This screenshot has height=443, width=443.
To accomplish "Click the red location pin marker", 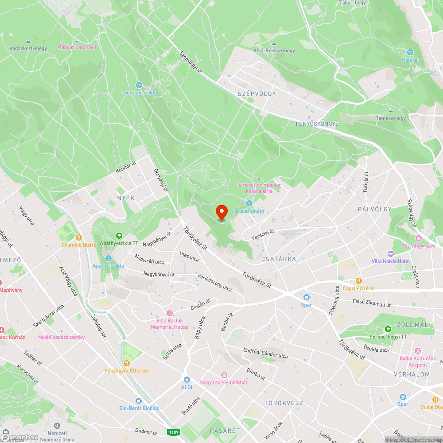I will [x=221, y=212].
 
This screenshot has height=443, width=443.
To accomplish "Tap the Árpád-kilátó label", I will [x=249, y=210].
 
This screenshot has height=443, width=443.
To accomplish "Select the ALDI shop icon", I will [x=187, y=380].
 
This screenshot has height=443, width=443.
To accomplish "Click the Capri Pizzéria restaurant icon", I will [x=359, y=281].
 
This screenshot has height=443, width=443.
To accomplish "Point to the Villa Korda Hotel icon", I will [x=390, y=254].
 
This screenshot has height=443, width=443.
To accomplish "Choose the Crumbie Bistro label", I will [x=79, y=245].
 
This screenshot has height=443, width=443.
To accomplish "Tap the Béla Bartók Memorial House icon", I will [x=169, y=313].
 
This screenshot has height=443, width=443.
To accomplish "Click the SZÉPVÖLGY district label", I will [x=256, y=93].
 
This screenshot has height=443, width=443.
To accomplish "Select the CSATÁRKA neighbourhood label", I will [x=279, y=259].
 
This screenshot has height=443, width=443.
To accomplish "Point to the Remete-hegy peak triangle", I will [x=390, y=111].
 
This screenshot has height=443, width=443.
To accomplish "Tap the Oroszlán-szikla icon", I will [x=139, y=85].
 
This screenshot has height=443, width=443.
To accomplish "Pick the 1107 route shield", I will [x=173, y=431].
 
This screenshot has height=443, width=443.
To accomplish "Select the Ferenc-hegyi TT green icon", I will [x=388, y=329].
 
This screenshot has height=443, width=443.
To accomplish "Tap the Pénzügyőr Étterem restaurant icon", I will [x=126, y=363].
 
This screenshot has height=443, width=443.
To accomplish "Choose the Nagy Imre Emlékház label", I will [x=224, y=382].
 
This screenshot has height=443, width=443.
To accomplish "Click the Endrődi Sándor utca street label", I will [x=265, y=353].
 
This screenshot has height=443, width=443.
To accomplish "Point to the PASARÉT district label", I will [x=225, y=431].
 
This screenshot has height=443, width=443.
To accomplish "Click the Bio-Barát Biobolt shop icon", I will [x=139, y=401].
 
